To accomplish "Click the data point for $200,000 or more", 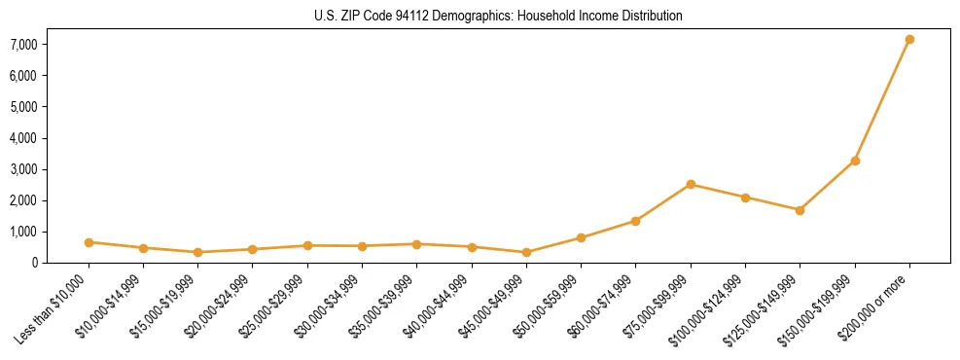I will pos(909,39).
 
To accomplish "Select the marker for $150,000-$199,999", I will pos(855,161).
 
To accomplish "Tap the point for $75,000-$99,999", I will pos(691,184).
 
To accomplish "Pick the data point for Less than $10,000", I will pos(89,242).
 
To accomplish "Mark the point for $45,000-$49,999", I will pos(526,252).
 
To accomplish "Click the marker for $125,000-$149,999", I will pos(800,210).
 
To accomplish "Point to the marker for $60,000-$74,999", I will pos(635,221).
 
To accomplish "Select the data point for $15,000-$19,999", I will pos(197,252).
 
